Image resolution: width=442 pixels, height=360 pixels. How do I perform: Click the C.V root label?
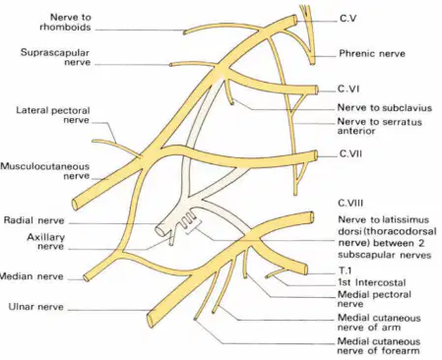point(348,19)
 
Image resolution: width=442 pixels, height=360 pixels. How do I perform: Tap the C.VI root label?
point(348,89)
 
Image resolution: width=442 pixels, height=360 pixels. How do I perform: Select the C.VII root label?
point(350,153)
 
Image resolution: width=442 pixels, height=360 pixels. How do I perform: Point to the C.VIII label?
point(350,203)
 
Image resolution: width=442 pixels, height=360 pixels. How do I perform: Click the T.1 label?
point(345,270)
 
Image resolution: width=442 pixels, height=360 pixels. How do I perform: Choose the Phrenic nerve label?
point(372,53)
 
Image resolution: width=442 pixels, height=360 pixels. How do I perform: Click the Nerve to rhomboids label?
point(65,22)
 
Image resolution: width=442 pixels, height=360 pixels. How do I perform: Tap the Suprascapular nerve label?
point(55,57)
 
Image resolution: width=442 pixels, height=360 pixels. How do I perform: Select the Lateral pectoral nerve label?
point(53,115)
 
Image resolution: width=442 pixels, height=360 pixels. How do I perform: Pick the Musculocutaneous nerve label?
point(45,171)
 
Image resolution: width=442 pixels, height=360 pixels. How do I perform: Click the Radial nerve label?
point(33,220)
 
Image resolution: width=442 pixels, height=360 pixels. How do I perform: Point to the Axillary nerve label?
point(45,241)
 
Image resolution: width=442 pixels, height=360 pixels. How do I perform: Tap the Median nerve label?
point(32,276)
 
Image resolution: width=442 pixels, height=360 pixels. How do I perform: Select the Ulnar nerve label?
point(35,307)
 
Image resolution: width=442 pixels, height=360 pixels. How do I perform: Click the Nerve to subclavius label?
point(385,107)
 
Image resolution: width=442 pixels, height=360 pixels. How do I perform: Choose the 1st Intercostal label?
point(372,282)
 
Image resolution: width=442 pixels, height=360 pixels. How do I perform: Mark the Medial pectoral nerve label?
point(374,299)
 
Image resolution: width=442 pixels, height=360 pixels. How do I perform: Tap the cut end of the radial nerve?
point(159,230)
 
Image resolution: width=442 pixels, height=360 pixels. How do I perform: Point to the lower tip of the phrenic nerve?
point(312,63)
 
